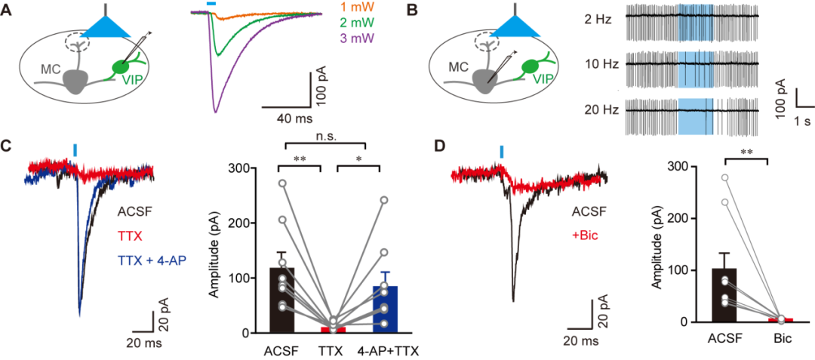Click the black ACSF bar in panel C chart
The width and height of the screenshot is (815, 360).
coord(281,300)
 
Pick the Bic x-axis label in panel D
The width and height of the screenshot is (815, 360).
coord(781,339)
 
